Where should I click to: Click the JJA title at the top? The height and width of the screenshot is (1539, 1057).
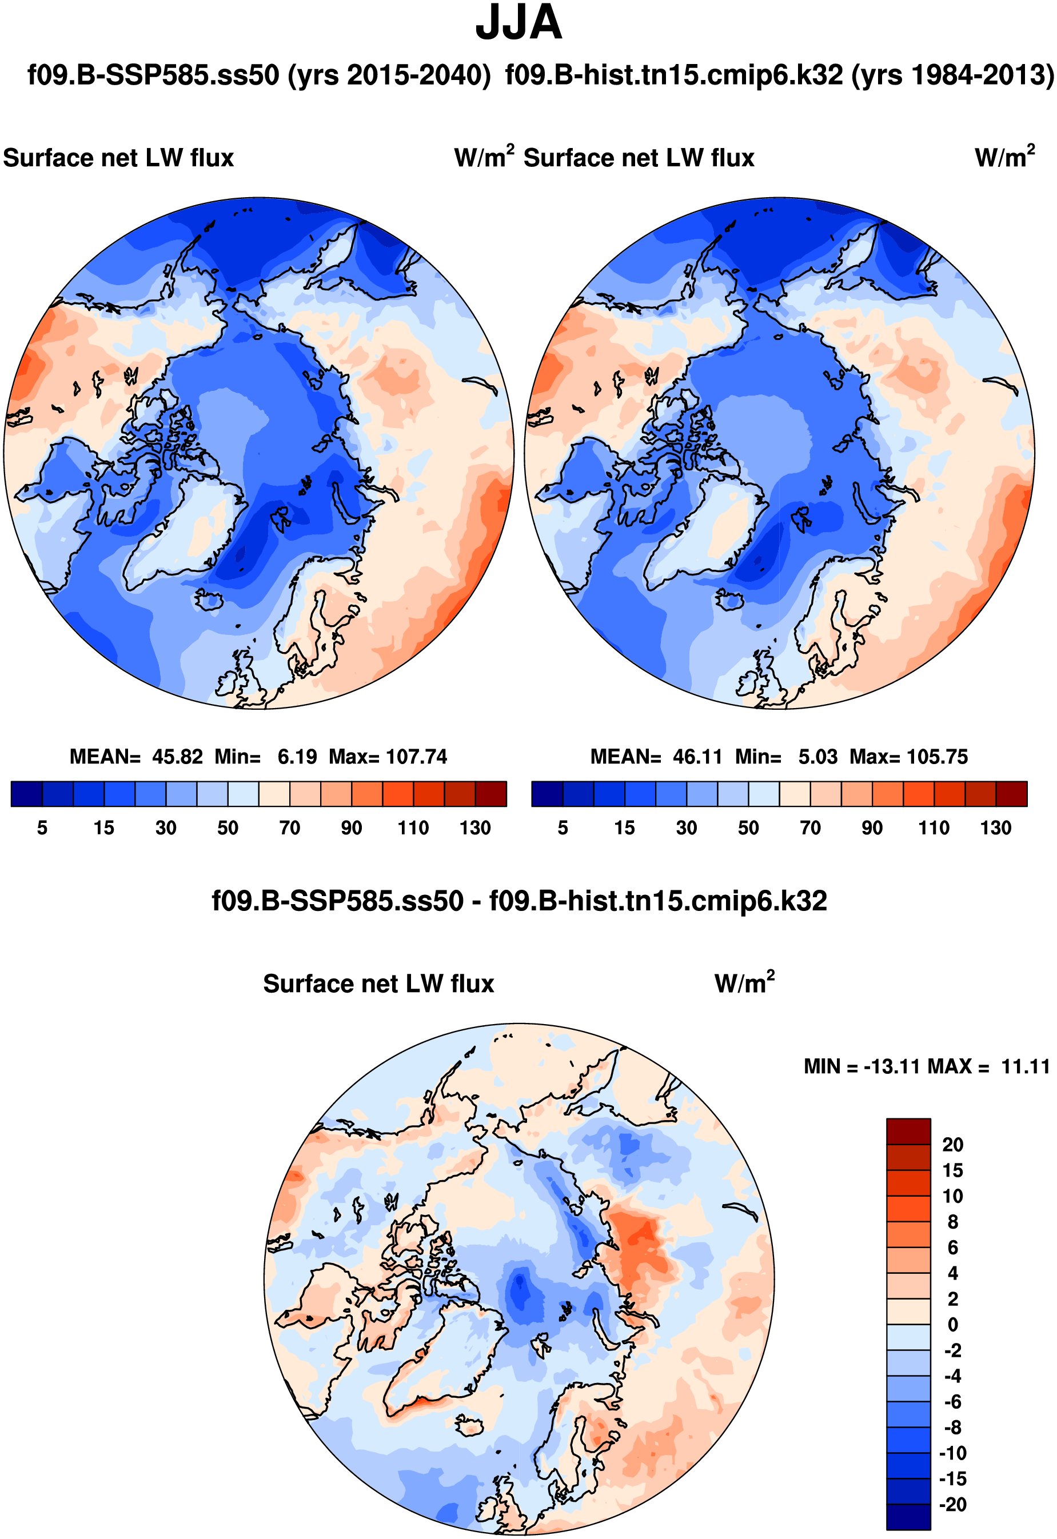[518, 24]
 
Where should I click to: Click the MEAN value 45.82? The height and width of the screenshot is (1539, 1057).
[177, 756]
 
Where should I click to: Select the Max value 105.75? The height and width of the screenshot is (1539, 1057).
[940, 756]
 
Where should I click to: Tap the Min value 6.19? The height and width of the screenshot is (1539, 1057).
[297, 756]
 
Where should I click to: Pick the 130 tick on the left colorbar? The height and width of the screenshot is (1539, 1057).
[475, 828]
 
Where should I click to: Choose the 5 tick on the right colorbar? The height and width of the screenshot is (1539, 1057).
[563, 828]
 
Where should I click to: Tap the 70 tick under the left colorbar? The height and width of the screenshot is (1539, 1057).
[289, 828]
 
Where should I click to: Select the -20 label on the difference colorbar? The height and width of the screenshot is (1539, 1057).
[952, 1505]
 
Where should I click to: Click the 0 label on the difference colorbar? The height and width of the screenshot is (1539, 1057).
[952, 1325]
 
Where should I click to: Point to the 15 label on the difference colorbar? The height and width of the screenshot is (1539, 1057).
[952, 1170]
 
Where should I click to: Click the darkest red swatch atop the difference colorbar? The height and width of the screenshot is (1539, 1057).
[908, 1131]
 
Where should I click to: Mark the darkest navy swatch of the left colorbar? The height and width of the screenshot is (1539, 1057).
[26, 793]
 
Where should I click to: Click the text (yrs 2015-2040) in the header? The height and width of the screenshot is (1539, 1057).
[389, 75]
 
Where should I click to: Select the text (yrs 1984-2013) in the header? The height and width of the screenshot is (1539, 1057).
[952, 75]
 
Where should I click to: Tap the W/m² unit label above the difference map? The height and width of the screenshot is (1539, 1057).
[744, 984]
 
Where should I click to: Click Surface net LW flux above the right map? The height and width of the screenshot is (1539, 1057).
[639, 158]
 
